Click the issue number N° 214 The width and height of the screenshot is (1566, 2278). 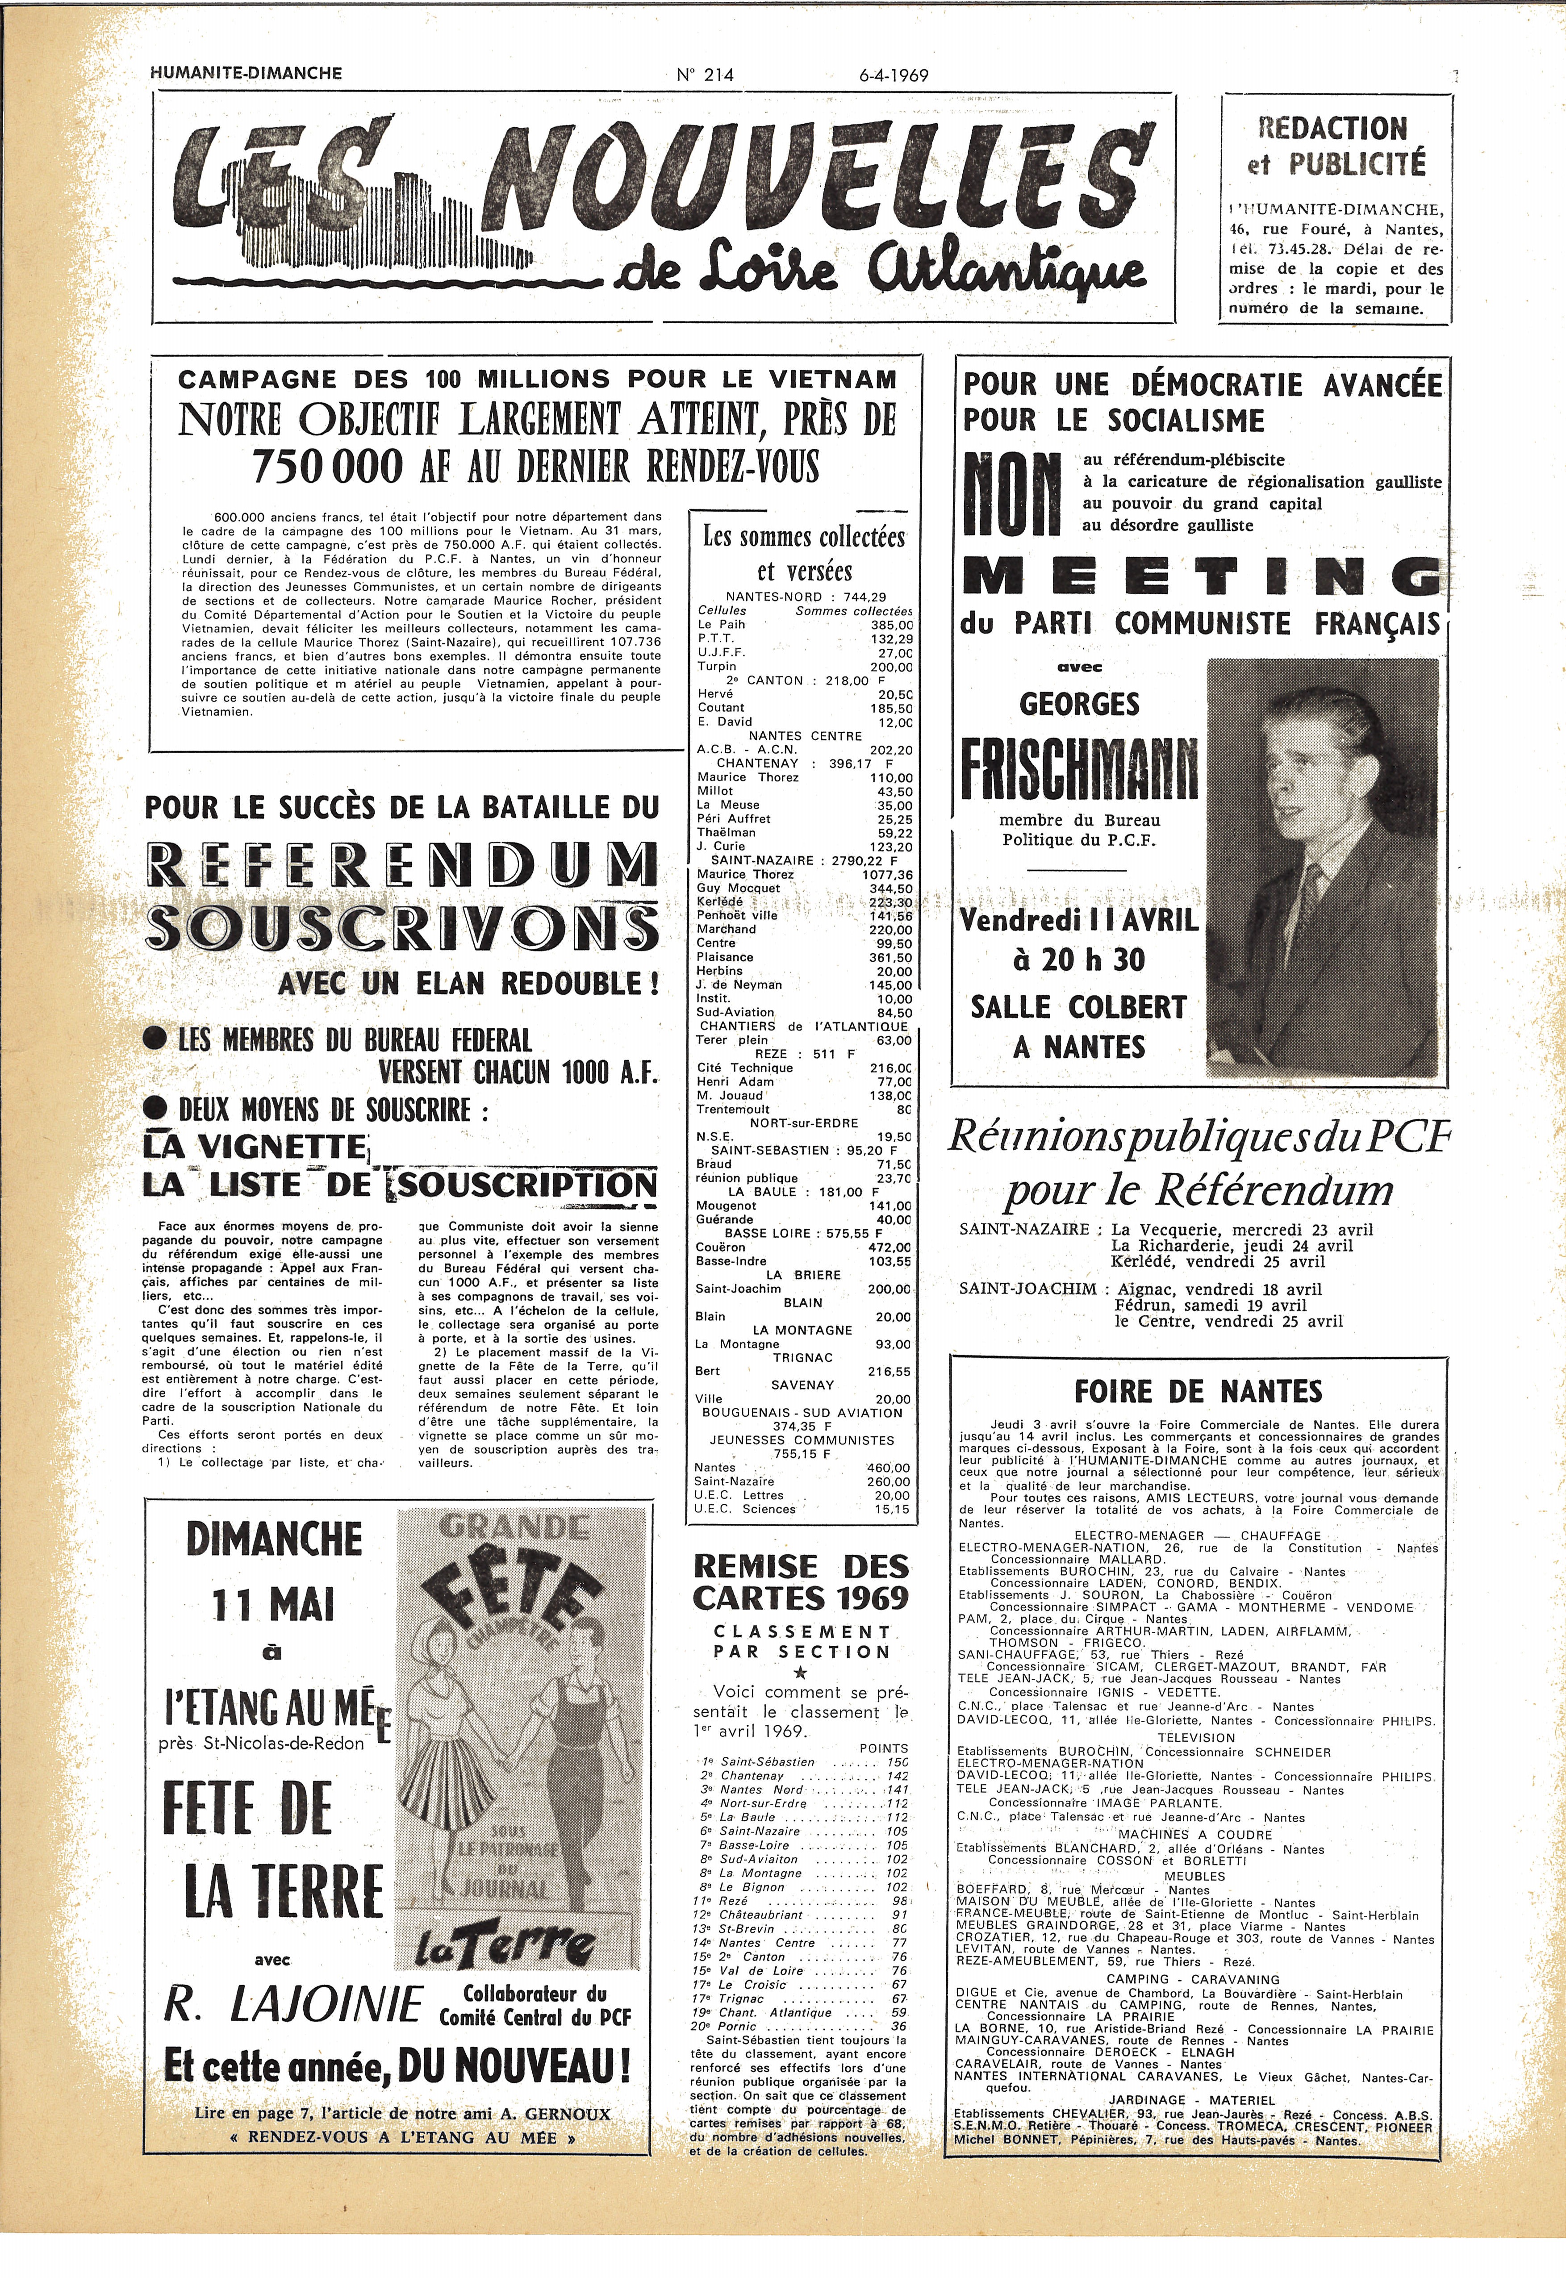705,75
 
